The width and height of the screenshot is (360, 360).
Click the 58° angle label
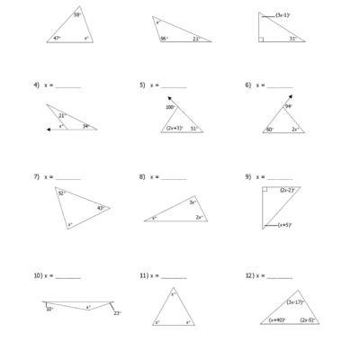point(77,15)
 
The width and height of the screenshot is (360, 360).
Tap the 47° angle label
point(56,39)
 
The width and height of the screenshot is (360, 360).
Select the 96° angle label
point(165,39)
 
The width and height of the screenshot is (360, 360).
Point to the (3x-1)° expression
point(282,14)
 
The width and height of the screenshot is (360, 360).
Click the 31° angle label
point(293,39)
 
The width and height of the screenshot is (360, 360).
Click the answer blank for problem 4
point(67,87)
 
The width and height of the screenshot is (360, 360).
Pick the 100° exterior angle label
point(170,107)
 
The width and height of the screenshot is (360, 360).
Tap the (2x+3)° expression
point(175,129)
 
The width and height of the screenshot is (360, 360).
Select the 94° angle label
point(289,107)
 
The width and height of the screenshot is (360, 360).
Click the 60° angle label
point(270,130)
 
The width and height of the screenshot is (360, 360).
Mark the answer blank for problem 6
point(280,87)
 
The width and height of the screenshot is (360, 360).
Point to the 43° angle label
point(101,208)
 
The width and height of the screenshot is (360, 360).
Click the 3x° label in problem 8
point(193,202)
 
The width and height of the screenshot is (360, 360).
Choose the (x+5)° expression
point(284,225)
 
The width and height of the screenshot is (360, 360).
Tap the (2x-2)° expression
point(288,191)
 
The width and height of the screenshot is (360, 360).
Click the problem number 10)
point(39,275)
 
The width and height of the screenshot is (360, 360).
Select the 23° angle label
point(117,313)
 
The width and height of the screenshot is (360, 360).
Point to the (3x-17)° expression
point(294,301)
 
